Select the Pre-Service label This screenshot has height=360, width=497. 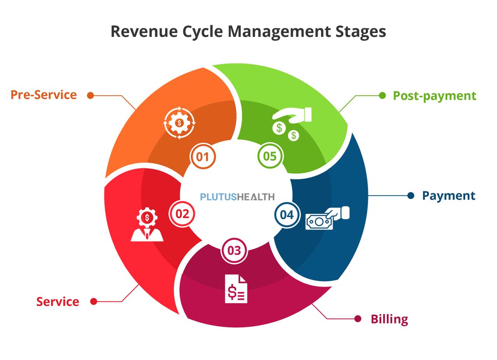click(x=43, y=95)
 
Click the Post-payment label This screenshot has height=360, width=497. click(x=434, y=96)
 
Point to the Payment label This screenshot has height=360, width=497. click(x=448, y=195)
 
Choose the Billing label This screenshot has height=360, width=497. click(x=389, y=319)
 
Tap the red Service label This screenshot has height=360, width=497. click(x=57, y=302)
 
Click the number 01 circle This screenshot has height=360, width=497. click(x=202, y=157)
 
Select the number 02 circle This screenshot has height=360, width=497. click(x=182, y=214)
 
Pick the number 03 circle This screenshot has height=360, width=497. click(x=234, y=250)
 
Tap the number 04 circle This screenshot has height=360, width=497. click(x=287, y=215)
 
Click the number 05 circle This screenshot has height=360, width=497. click(x=269, y=156)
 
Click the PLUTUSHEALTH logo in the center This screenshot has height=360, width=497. click(x=237, y=197)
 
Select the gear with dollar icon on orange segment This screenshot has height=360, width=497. click(x=179, y=123)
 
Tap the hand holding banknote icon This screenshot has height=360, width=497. click(x=327, y=218)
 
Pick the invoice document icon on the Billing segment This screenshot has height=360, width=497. click(x=236, y=289)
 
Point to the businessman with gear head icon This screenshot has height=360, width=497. click(x=147, y=225)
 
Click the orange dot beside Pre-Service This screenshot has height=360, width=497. click(x=90, y=95)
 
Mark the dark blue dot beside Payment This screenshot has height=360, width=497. click(x=411, y=195)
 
